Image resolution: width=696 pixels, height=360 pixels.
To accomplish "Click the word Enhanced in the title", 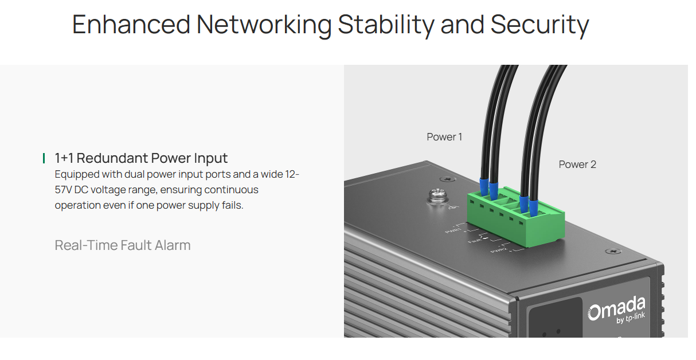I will coord(131,25).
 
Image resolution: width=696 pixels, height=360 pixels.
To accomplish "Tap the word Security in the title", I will coord(539,25).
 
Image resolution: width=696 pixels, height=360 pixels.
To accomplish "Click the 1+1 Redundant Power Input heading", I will coord(141,158).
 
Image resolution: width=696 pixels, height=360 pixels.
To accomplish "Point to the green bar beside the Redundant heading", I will coord(44,158).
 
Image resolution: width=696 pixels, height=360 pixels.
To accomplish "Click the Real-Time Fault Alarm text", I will coord(123,245).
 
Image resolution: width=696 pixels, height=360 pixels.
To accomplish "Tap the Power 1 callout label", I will coord(444,137).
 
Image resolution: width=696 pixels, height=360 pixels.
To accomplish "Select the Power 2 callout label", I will coord(577,165).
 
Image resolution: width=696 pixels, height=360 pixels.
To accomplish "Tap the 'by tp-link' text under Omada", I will coord(631,320).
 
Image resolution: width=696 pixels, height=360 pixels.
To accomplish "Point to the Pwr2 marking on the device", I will coord(498,251).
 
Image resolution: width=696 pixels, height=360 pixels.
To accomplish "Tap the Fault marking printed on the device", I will coord(475,241).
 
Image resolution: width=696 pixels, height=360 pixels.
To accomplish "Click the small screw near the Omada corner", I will coord(613,251).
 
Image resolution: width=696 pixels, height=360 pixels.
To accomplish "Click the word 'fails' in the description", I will coord(232,205).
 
